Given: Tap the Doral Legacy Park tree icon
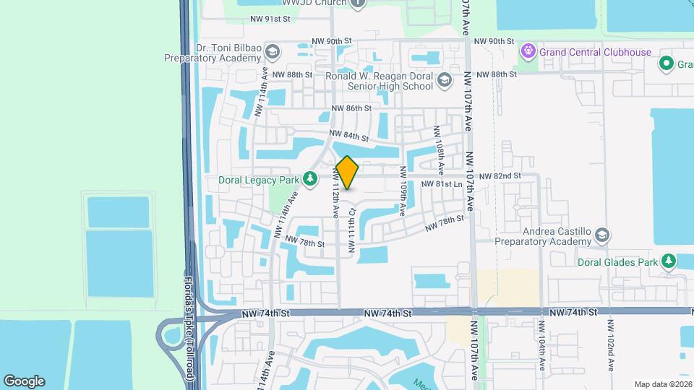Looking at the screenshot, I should (x=310, y=178).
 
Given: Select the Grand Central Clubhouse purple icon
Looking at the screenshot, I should (x=528, y=52).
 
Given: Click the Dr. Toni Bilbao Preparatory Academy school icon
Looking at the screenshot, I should (x=273, y=52).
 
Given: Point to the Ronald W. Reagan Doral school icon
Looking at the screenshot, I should (x=445, y=80).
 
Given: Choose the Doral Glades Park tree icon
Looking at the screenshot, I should (x=669, y=261).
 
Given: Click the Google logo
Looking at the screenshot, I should (x=24, y=381).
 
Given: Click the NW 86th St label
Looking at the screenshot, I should (x=351, y=108).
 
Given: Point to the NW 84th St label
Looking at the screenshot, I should (x=348, y=136).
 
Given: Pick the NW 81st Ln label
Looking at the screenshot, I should (x=442, y=184).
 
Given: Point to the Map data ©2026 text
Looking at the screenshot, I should (x=663, y=384).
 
